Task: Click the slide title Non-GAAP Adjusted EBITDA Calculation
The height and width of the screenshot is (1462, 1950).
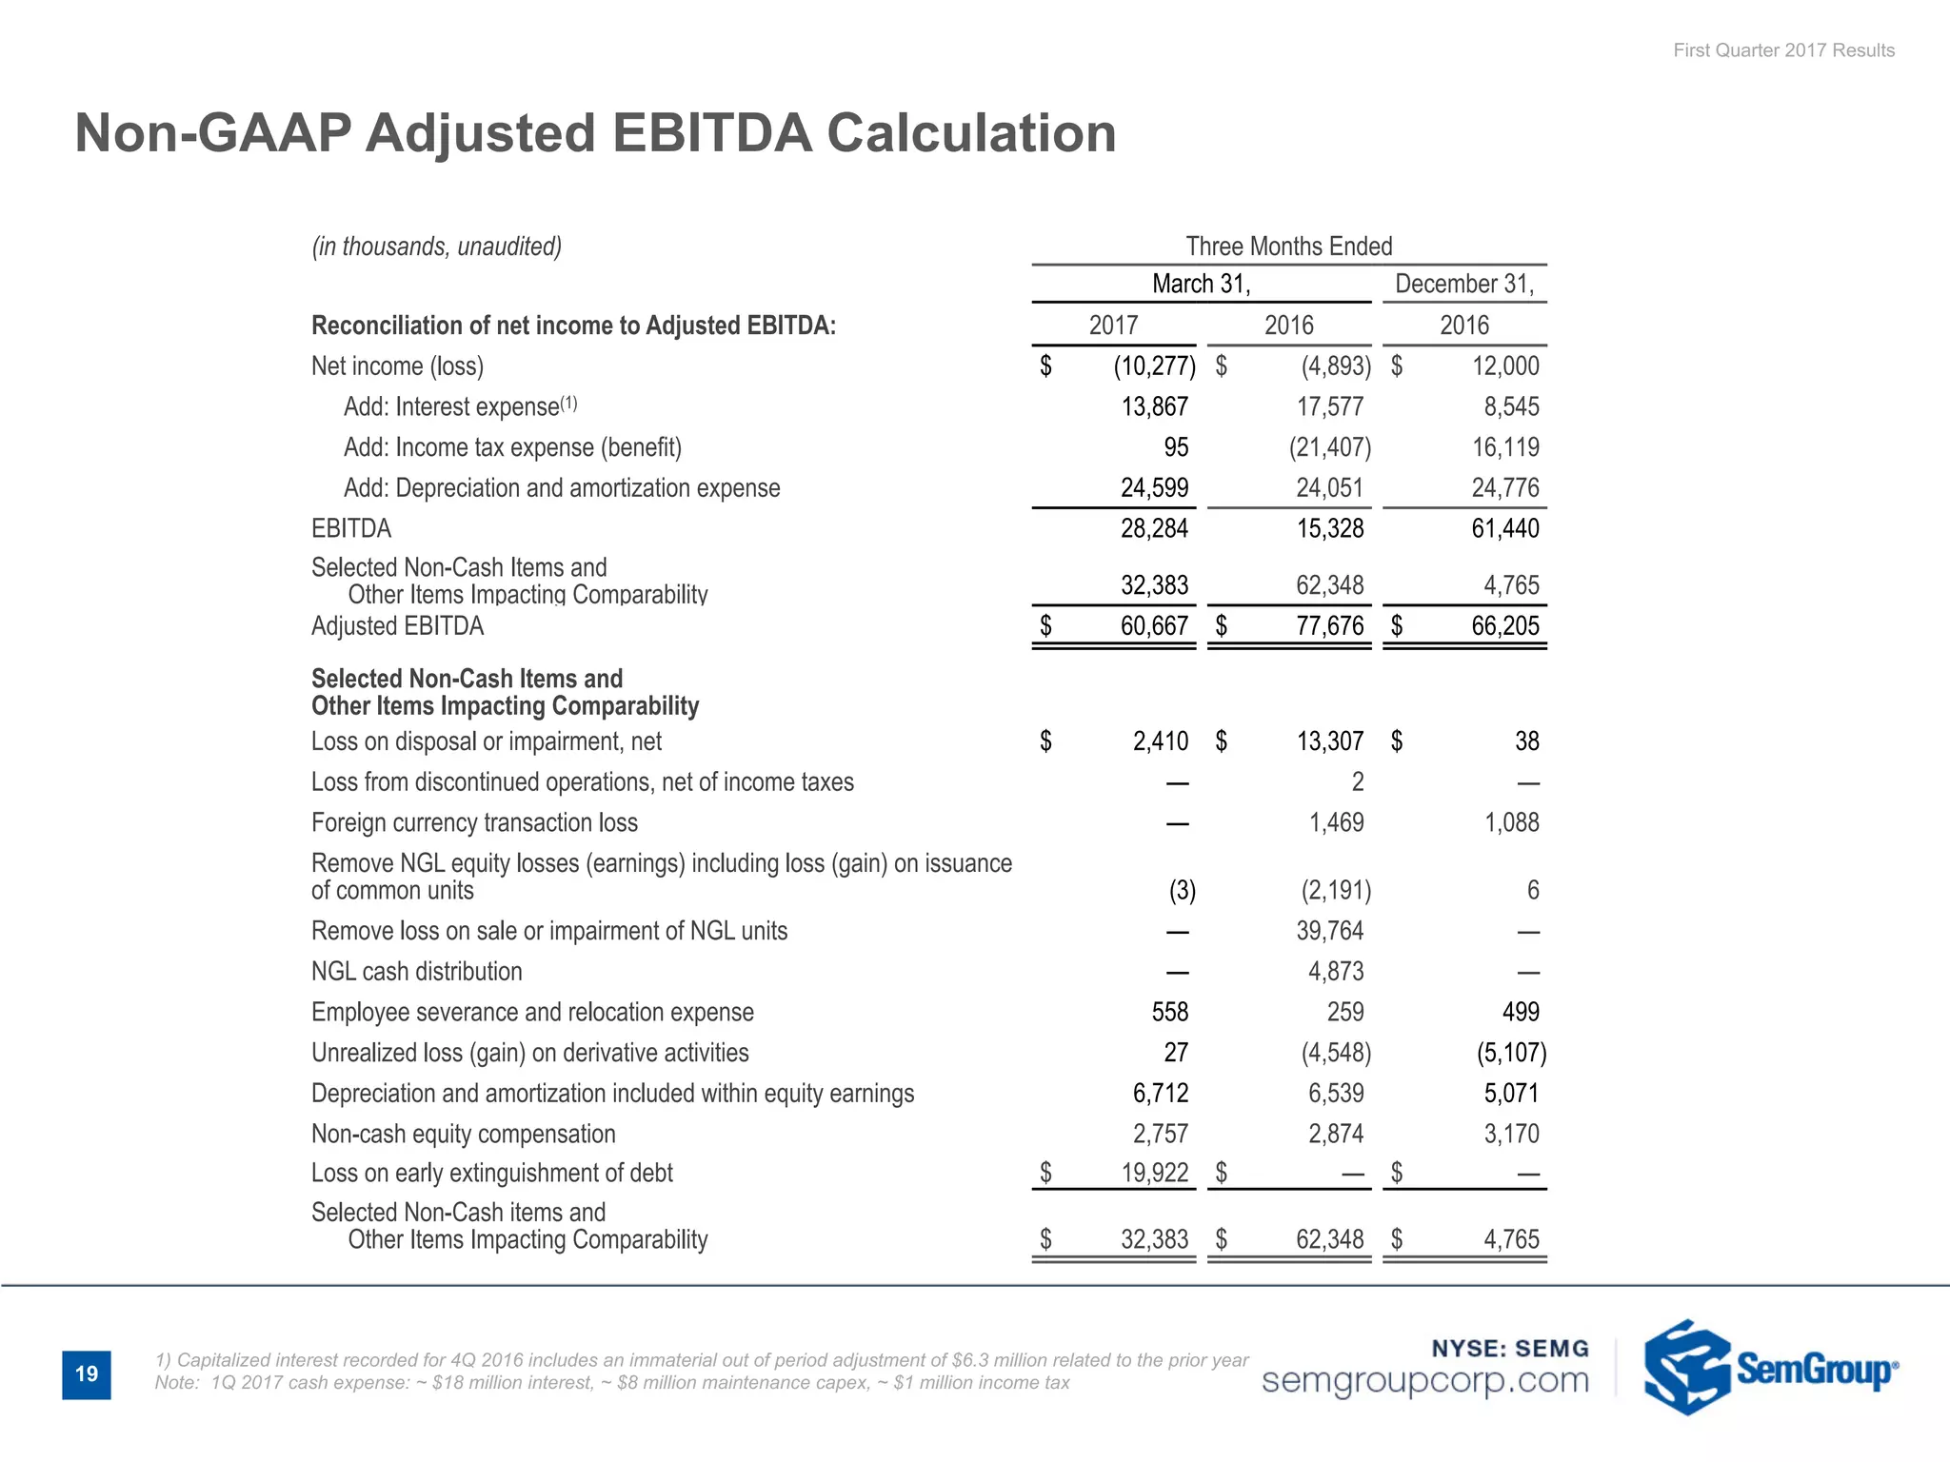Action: click(595, 132)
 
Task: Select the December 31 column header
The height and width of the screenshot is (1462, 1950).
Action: click(1464, 284)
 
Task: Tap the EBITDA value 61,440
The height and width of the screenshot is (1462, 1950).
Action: click(1504, 528)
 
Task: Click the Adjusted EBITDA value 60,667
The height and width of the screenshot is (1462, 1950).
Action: click(1154, 626)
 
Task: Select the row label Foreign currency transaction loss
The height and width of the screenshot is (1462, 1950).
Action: click(474, 822)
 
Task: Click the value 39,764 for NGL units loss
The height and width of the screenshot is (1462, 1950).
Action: click(1329, 931)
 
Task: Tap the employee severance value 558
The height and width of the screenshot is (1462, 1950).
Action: click(1169, 1012)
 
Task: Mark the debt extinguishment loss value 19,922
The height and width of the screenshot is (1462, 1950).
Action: click(1154, 1173)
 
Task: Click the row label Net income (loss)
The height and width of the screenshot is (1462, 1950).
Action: click(397, 366)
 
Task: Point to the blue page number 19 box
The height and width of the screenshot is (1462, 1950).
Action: click(87, 1373)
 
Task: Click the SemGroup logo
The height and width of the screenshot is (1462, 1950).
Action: click(1771, 1368)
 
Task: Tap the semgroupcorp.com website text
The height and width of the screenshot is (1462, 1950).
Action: click(1424, 1380)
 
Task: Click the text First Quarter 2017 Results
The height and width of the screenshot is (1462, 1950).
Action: click(1783, 50)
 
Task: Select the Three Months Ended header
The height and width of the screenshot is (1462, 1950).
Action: click(1288, 247)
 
